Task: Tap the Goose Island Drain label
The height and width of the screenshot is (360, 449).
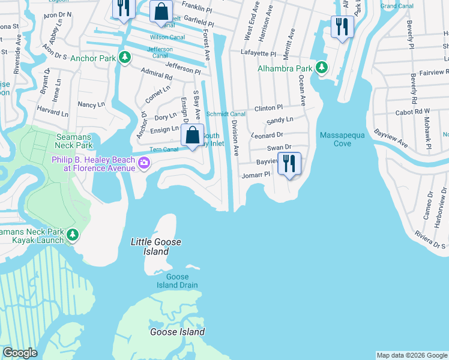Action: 177,281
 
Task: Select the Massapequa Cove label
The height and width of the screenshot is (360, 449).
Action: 342,139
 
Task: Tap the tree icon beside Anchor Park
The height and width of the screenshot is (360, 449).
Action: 124,58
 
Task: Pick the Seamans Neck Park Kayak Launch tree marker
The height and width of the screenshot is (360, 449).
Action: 72,235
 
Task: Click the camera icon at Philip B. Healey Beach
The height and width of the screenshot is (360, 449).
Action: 144,163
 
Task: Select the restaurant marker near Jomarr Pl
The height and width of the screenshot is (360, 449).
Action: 289,163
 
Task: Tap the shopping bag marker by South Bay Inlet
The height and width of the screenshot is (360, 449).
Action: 192,135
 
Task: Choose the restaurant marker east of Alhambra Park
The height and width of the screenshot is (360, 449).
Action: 342,27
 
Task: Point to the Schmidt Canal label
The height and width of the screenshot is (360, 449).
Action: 226,114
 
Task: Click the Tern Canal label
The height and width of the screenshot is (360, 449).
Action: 163,149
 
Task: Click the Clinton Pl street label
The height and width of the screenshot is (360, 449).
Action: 268,107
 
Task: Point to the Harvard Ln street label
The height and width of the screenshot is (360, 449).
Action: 52,112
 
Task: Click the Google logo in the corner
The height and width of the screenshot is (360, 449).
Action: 20,353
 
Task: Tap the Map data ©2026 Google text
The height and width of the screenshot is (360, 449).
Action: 412,355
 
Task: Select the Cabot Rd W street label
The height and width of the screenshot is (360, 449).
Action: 413,112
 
